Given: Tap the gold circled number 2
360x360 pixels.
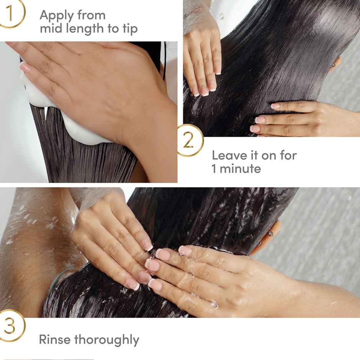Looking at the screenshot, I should coord(188,141).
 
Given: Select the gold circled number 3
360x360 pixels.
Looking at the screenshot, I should coord(10,326).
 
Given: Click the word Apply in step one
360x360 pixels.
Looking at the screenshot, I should coord(56,16).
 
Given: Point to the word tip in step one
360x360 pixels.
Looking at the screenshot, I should coord(129,29).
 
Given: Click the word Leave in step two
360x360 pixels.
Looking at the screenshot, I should coord(229,155).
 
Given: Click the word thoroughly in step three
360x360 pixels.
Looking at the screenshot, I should coord(107,340).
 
